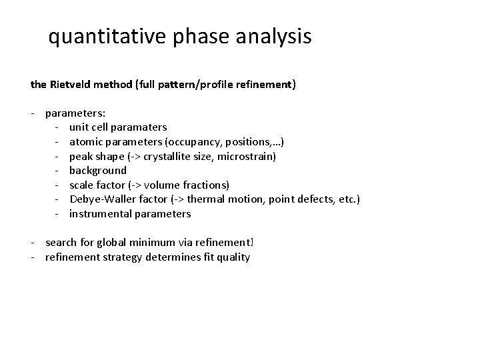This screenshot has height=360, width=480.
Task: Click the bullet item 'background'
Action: pyautogui.click(x=97, y=171)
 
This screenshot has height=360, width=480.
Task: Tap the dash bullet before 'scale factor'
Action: pyautogui.click(x=59, y=185)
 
